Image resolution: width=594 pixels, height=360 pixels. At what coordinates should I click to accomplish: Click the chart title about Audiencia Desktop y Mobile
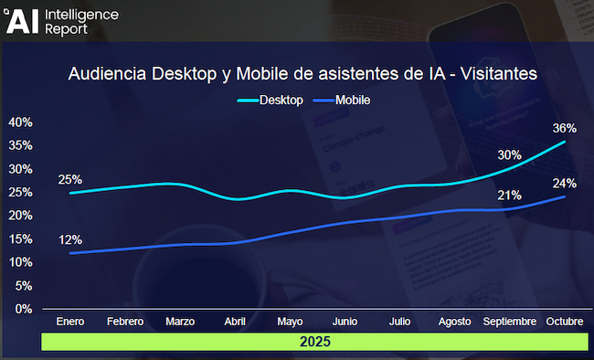[x=302, y=73]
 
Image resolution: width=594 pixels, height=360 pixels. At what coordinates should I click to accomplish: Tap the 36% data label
[x=564, y=128]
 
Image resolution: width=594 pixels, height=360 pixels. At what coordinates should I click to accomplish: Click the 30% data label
[x=509, y=154]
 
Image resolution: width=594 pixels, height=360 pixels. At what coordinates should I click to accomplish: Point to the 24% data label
[x=564, y=183]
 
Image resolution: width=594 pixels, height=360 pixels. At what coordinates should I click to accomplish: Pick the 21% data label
[x=509, y=196]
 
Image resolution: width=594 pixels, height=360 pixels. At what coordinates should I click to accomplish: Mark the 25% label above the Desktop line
[x=70, y=180]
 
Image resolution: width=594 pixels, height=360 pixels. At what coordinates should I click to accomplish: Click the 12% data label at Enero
[x=70, y=240]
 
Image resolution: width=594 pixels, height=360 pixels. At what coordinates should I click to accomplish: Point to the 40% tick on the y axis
[x=20, y=122]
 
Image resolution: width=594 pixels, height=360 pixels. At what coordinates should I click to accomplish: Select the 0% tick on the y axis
[x=24, y=309]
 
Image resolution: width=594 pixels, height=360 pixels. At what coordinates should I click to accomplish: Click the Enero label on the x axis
[x=70, y=322]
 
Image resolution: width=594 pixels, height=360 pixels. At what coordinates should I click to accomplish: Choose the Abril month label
[x=235, y=322]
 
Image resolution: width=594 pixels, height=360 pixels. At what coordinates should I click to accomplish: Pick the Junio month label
[x=345, y=322]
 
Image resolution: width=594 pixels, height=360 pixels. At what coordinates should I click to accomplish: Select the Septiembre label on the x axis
[x=509, y=322]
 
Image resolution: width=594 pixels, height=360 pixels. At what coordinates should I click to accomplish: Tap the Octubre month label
[x=565, y=322]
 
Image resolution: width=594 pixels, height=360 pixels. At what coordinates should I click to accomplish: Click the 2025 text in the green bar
[x=314, y=342]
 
